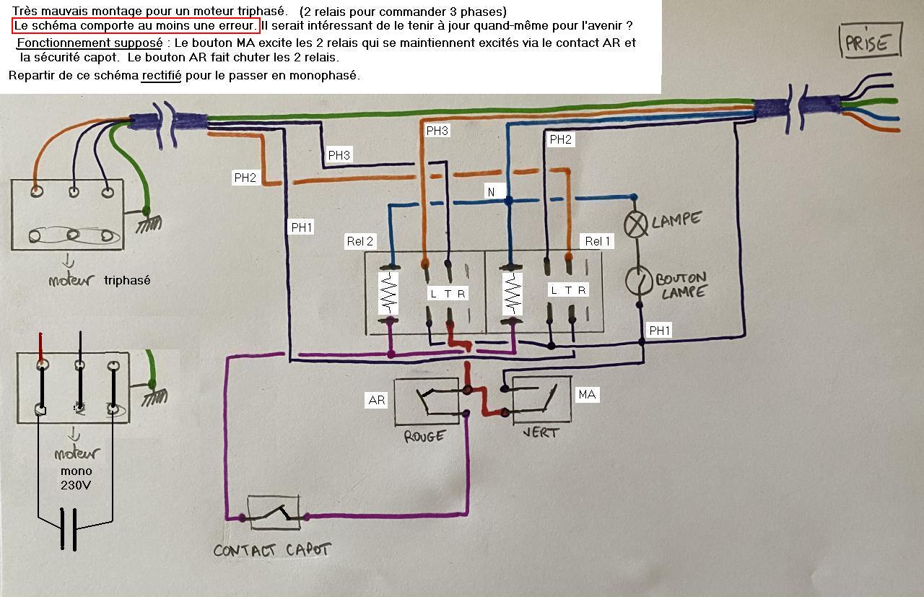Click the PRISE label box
point(871,42)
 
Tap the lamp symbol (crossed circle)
point(636,225)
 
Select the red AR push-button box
point(426,401)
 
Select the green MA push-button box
point(541,399)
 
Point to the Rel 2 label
point(360,241)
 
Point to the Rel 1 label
point(597,241)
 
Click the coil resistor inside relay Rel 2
point(390,293)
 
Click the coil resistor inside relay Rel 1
point(512,293)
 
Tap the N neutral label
point(492,191)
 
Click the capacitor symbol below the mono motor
point(69,529)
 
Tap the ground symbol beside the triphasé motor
point(149,221)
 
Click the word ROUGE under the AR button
point(424,436)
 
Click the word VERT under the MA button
point(540,432)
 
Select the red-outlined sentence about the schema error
point(135,26)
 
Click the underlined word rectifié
point(162,75)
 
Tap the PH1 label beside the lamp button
point(660,331)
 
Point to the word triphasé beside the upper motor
point(127,280)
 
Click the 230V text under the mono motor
point(76,485)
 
